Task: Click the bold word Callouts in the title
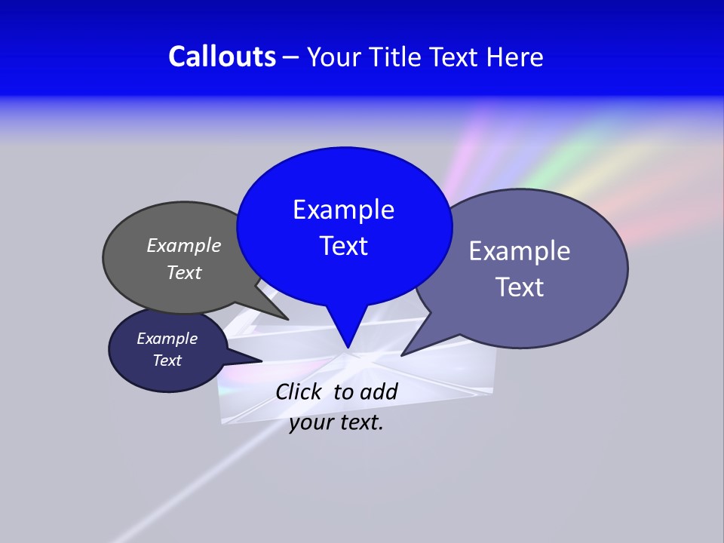222,57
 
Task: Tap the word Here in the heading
514,57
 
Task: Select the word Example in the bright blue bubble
343,210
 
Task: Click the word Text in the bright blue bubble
343,246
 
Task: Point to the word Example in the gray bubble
183,245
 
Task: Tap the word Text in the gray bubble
183,272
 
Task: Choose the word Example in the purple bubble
520,251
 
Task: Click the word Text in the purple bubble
520,287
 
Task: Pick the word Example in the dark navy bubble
167,339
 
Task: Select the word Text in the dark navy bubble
167,360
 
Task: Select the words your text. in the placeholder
336,422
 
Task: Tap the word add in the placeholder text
379,391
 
